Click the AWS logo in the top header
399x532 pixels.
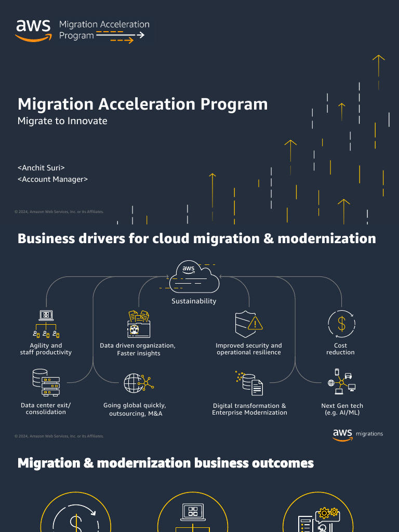coord(33,30)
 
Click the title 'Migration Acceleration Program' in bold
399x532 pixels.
coord(142,104)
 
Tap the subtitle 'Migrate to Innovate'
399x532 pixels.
coord(62,121)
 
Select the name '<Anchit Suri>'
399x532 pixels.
coord(41,168)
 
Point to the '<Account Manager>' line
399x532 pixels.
coord(52,179)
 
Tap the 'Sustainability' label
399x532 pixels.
coord(194,301)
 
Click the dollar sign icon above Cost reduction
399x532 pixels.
coord(341,324)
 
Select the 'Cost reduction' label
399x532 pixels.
coord(340,349)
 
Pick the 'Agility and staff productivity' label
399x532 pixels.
coord(46,349)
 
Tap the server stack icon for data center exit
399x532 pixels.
coord(46,383)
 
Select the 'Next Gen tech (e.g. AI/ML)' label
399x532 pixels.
coord(342,409)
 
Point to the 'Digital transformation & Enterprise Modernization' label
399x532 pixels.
coord(249,409)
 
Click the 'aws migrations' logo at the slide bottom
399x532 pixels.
coord(357,434)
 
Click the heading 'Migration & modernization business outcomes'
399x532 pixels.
coord(166,463)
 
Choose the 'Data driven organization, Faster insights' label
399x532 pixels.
coord(138,349)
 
